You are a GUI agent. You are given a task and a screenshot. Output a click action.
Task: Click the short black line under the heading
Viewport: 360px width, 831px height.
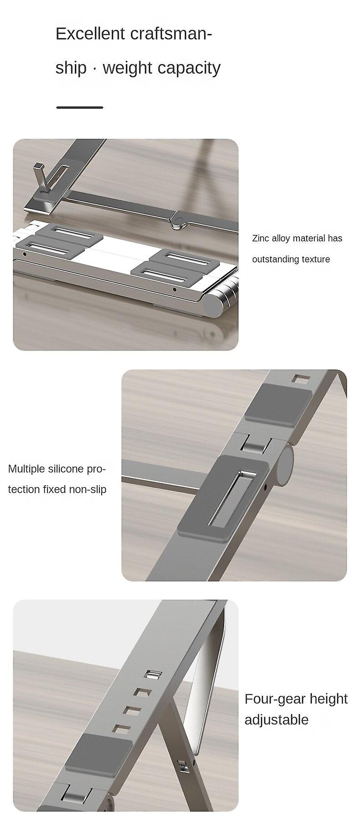pyautogui.click(x=80, y=108)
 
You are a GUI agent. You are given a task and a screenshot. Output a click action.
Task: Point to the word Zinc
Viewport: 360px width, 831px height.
pyautogui.click(x=261, y=238)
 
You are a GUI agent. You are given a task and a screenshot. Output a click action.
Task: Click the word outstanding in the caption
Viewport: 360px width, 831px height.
pyautogui.click(x=275, y=259)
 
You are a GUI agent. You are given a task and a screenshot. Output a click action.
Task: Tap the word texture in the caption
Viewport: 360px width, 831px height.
pyautogui.click(x=315, y=259)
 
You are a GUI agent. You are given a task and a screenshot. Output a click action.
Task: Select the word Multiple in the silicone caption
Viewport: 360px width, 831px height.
pyautogui.click(x=26, y=469)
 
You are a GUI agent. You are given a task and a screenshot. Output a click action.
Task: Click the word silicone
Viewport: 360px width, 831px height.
pyautogui.click(x=66, y=469)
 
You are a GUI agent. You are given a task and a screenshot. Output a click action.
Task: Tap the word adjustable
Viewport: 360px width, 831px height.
pyautogui.click(x=277, y=720)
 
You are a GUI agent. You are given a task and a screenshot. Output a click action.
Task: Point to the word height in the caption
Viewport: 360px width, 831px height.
pyautogui.click(x=325, y=699)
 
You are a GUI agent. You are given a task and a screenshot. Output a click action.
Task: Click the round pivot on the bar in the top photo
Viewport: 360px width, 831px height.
pyautogui.click(x=178, y=222)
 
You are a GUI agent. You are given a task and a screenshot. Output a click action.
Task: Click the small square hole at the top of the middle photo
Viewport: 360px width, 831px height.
pyautogui.click(x=299, y=379)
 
